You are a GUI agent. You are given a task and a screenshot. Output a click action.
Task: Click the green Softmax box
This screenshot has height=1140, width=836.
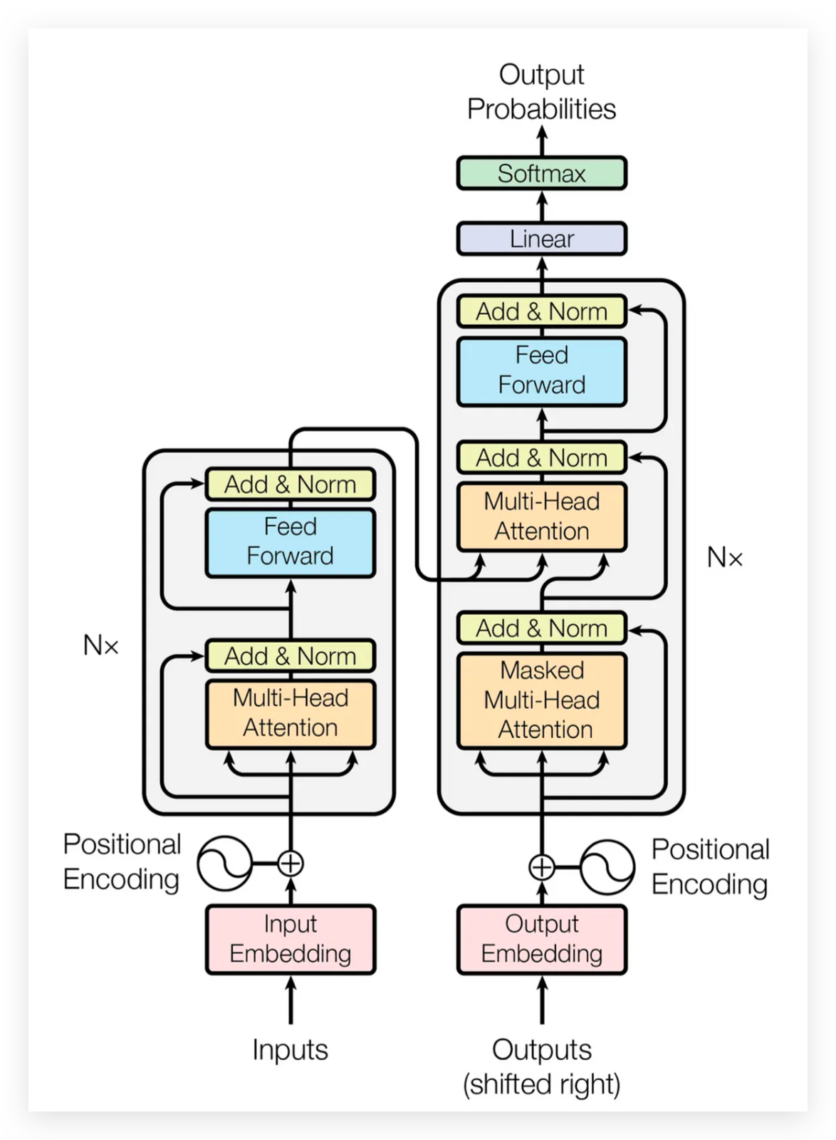point(541,173)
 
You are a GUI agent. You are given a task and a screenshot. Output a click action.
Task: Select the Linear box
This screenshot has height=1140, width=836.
point(541,239)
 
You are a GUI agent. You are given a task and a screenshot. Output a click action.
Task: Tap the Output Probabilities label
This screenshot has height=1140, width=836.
point(541,92)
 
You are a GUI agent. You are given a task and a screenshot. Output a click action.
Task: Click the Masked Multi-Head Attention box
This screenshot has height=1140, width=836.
point(541,700)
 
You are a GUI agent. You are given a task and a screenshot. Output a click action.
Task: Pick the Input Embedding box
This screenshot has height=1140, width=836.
point(290,938)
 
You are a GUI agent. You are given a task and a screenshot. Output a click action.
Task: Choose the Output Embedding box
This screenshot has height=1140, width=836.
point(541,938)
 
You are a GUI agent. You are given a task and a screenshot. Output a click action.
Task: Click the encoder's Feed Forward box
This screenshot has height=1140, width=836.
point(290,541)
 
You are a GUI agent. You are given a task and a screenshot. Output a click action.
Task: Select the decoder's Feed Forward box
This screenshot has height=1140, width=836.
point(541,370)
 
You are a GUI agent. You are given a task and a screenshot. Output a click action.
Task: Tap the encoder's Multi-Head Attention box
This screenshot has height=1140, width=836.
point(290,713)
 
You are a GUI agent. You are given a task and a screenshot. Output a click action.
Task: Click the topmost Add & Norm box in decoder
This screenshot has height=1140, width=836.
point(541,311)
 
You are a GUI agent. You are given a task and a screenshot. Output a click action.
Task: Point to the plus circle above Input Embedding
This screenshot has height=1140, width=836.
point(290,863)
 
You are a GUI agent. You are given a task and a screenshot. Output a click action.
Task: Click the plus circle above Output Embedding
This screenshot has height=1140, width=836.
point(542,867)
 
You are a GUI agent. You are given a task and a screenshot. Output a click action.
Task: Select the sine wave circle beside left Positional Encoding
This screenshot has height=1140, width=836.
point(224,863)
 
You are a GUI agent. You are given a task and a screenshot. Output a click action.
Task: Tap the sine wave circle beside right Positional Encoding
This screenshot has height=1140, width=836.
point(607,867)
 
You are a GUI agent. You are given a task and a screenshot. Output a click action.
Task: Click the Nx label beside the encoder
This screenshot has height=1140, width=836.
point(100,646)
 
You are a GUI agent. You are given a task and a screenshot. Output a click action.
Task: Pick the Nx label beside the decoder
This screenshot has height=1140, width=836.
point(724,557)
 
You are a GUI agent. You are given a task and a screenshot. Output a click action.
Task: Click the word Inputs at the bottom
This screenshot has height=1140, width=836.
point(290,1050)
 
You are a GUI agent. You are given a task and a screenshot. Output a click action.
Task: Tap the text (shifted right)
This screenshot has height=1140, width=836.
point(541,1084)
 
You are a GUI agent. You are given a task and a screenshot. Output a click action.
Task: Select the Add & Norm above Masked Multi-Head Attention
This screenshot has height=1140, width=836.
point(541,628)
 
